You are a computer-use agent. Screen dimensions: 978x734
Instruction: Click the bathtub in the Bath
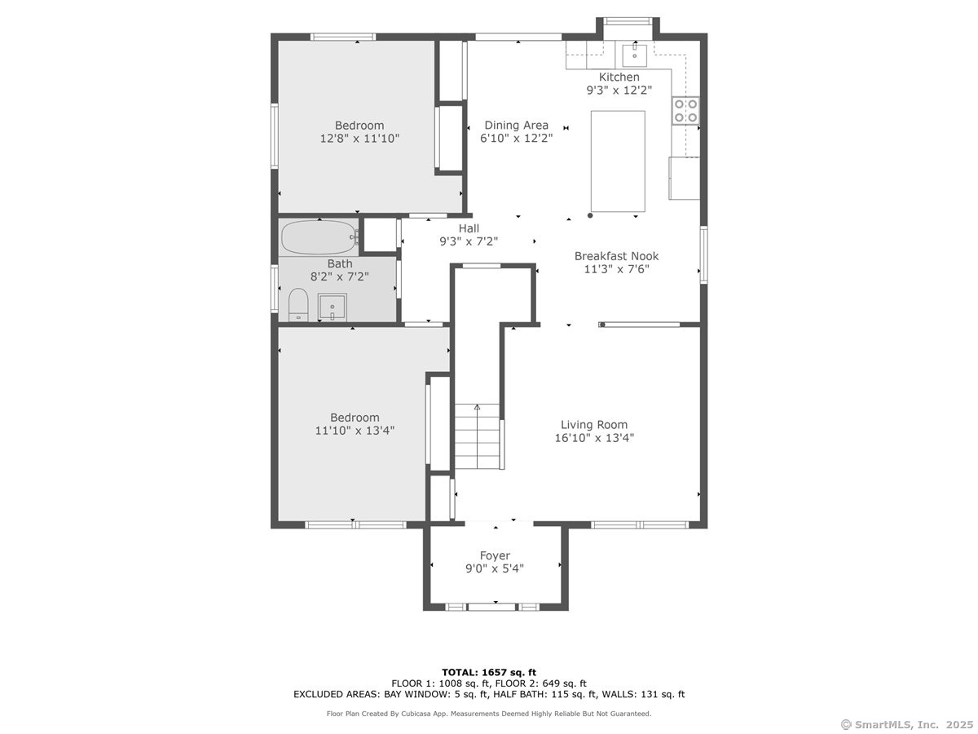319,238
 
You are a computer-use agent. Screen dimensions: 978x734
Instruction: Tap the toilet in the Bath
298,305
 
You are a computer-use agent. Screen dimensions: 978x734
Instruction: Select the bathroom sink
332,307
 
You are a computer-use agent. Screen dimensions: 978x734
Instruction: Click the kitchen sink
634,54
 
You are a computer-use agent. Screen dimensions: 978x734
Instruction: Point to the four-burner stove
685,111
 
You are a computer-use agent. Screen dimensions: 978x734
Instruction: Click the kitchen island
618,161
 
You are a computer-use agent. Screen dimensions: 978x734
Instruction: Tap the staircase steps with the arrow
478,436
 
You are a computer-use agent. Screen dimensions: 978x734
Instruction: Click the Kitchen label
619,77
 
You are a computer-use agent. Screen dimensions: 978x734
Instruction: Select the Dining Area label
517,126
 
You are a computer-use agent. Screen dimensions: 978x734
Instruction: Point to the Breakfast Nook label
616,256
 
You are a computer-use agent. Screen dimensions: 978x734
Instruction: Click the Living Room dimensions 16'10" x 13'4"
594,438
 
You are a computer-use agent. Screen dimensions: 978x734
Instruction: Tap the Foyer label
495,555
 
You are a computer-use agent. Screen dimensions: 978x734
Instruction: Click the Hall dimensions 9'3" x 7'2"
469,241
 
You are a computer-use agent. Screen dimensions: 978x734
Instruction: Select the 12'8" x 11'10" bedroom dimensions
359,139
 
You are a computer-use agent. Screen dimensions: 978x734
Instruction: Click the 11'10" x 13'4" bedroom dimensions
355,431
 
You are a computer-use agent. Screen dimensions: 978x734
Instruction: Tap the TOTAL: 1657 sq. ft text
489,672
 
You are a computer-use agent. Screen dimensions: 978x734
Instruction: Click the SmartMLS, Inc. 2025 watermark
907,724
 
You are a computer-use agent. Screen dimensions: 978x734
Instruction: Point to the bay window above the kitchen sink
628,21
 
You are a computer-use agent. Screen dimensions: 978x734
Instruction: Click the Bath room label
340,263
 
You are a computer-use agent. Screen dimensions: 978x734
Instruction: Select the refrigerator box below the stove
684,178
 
